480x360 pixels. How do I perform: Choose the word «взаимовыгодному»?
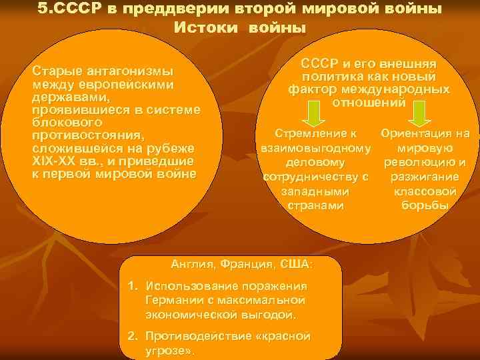315,147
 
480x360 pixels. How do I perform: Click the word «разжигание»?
425,177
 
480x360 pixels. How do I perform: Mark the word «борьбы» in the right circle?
425,205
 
